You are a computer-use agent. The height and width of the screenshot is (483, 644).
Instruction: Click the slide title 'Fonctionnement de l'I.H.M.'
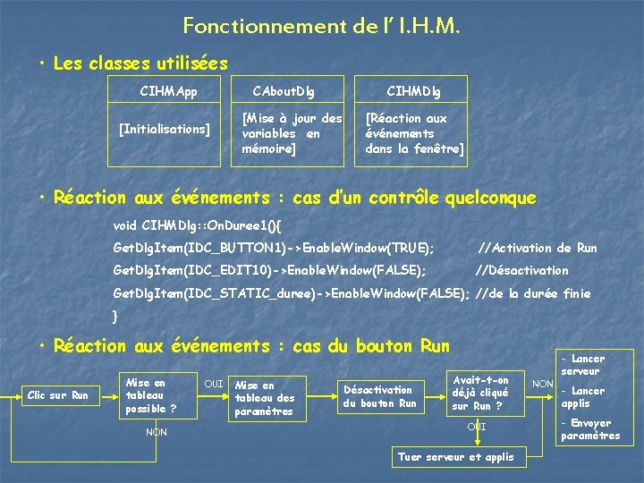322,26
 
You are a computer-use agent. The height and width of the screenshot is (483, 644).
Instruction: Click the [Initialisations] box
165,130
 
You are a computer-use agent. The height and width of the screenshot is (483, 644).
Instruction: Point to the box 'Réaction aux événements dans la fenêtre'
412,133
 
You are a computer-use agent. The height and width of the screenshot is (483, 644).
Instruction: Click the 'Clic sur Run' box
58,395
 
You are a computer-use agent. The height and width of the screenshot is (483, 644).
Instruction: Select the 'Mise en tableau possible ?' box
149,395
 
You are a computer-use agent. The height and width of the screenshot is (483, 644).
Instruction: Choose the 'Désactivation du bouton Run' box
379,396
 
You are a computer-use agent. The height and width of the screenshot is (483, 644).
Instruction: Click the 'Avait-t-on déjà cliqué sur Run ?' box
480,393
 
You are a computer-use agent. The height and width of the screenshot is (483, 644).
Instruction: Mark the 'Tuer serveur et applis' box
456,457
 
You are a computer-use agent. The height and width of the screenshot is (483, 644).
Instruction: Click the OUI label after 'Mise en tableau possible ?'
214,384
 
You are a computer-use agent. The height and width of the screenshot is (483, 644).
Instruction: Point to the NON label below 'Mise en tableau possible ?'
157,432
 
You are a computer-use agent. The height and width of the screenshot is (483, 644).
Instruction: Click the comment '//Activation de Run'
538,248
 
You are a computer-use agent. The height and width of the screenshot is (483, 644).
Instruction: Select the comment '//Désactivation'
521,270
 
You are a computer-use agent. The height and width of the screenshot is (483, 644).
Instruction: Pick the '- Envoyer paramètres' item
589,429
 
